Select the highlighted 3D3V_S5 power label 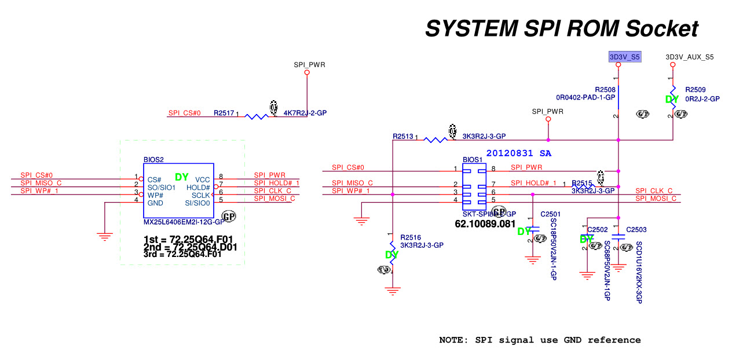(624, 57)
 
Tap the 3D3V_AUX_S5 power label (689, 57)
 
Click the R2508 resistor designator (605, 90)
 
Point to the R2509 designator (695, 90)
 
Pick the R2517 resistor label (224, 113)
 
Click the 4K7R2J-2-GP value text (305, 113)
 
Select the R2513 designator (402, 137)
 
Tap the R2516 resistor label (410, 237)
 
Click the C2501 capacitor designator (550, 214)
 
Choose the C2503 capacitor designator (636, 230)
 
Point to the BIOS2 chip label (153, 159)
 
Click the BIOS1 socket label (472, 159)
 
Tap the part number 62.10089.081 (485, 223)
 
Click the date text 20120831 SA (518, 153)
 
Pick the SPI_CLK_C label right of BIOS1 (654, 191)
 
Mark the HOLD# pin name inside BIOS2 (198, 188)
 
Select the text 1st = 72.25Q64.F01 (188, 238)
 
